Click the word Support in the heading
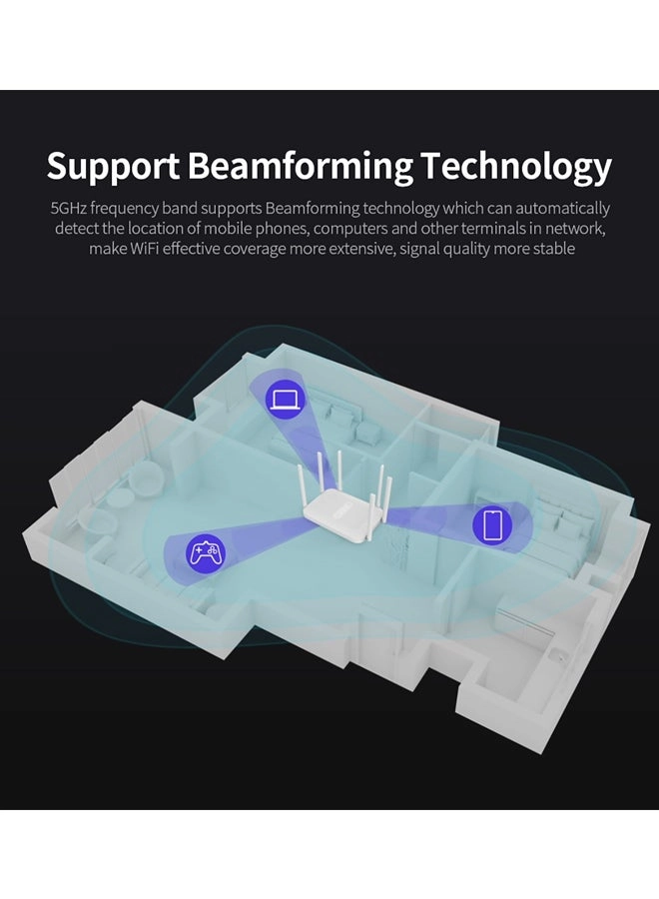113,166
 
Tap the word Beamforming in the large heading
300,166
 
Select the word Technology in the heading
515,166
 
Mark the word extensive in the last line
356,248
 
